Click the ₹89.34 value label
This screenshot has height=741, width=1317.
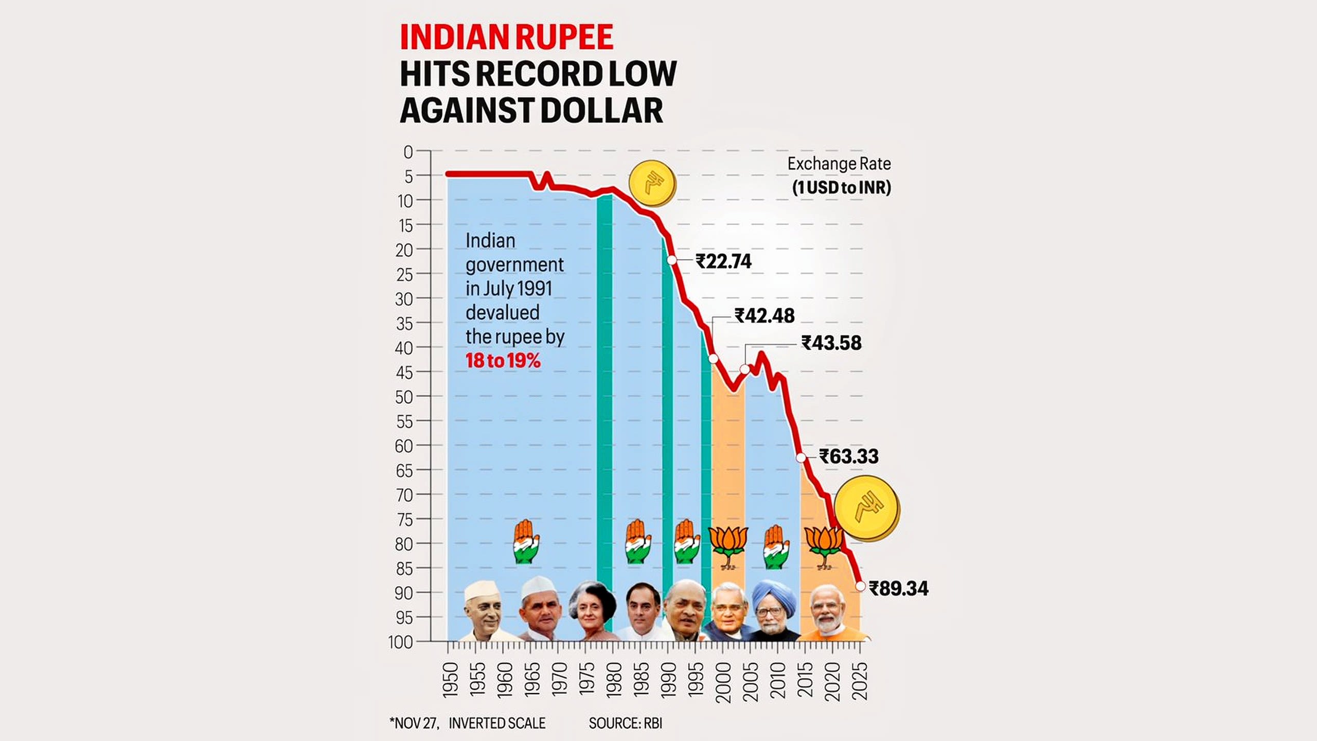click(898, 588)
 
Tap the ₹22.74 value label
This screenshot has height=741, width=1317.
click(723, 261)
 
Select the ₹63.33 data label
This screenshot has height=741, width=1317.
click(849, 456)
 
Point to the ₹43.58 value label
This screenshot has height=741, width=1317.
click(831, 343)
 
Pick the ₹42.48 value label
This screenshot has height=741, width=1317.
click(764, 315)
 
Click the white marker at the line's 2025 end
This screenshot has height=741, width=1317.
click(860, 586)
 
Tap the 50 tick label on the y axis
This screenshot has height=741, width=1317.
click(404, 397)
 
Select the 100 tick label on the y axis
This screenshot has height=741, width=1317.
click(401, 642)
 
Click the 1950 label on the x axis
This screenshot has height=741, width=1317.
click(450, 680)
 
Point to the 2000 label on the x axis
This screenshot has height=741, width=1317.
click(723, 682)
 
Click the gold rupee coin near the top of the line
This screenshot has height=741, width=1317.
click(652, 183)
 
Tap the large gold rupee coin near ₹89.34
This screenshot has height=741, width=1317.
click(867, 508)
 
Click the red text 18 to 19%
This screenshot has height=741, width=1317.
click(503, 361)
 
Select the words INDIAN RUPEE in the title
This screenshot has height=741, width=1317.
click(506, 38)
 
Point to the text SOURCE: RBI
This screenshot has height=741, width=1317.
click(625, 724)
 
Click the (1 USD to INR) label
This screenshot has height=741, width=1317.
click(841, 187)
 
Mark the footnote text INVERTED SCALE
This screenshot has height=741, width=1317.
click(496, 724)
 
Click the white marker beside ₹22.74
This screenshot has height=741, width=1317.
click(672, 260)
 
